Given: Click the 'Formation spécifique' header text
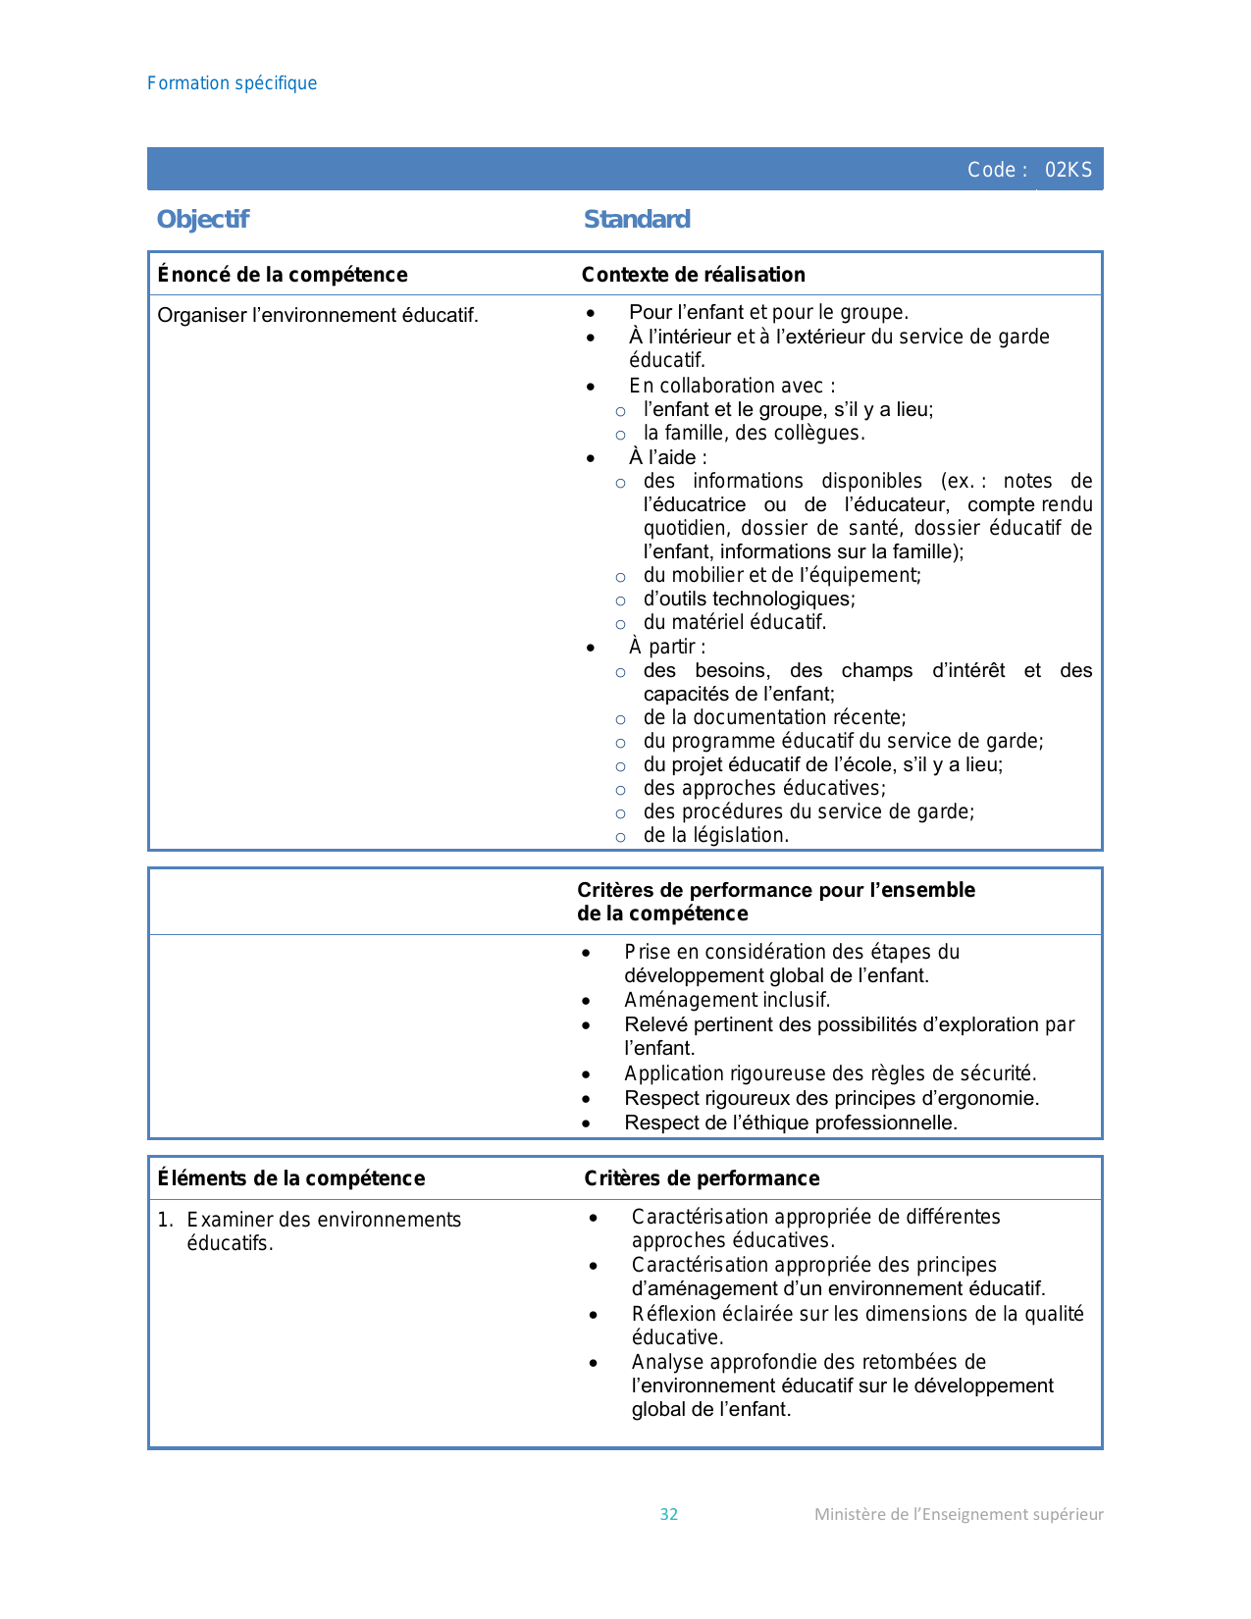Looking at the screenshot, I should coord(232,83).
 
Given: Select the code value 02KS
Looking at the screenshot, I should coord(1068,170).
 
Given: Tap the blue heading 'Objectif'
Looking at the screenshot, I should coord(203,219).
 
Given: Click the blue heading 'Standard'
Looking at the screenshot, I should coord(637,219).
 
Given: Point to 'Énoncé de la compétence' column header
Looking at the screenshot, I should coord(283,275).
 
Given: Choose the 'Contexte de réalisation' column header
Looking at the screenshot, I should coord(693,275).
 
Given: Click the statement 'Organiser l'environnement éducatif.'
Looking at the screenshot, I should coord(318,315).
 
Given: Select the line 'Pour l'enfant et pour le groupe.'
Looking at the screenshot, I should coord(768,312).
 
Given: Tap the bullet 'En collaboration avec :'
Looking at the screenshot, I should coord(732,386).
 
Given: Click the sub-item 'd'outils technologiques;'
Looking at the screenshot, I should coord(749,599).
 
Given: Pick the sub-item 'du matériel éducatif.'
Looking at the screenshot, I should coord(735,622).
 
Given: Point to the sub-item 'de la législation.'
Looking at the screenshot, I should coord(715,835).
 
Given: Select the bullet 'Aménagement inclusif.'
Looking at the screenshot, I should coord(727,1000).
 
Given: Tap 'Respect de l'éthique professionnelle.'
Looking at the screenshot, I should coord(790,1123).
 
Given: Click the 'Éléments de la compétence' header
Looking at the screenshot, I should coord(291,1178).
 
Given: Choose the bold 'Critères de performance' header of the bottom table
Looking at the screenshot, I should coord(702,1178).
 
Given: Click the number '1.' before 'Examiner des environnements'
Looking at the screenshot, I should coord(166,1220).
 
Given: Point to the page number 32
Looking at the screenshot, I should coord(669,1514).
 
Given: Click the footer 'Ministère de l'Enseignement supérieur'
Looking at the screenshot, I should coord(959,1514).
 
